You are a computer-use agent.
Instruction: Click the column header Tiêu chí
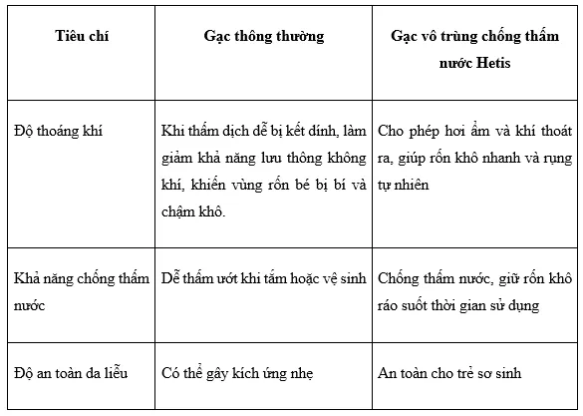82,37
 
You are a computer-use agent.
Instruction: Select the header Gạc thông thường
264,37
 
